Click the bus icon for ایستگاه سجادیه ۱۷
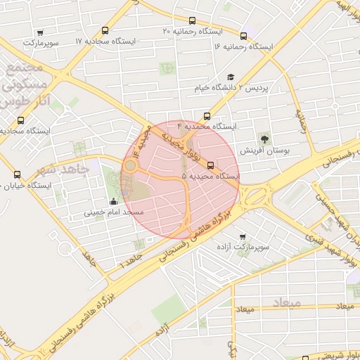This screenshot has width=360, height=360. pos(105,30)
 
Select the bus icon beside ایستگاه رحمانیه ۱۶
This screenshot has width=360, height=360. pos(243,36)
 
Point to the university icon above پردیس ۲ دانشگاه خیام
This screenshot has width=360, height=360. pos(231,77)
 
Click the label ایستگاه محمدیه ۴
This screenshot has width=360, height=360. pos(207,127)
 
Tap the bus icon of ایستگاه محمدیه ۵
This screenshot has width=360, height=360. pos(211,166)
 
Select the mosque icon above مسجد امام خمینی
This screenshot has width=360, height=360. pos(114,202)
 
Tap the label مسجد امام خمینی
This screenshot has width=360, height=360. pos(114,212)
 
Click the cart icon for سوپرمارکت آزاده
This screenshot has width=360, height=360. pos(243,237)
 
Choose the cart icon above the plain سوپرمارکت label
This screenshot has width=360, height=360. pos(40,32)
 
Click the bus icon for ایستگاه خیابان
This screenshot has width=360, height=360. pos(18,174)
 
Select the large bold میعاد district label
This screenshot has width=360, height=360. pos(285,302)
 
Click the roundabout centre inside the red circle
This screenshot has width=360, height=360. pos(130,166)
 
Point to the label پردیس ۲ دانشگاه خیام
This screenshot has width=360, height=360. pos(233,88)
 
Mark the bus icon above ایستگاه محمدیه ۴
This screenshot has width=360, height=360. pos(207,116)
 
